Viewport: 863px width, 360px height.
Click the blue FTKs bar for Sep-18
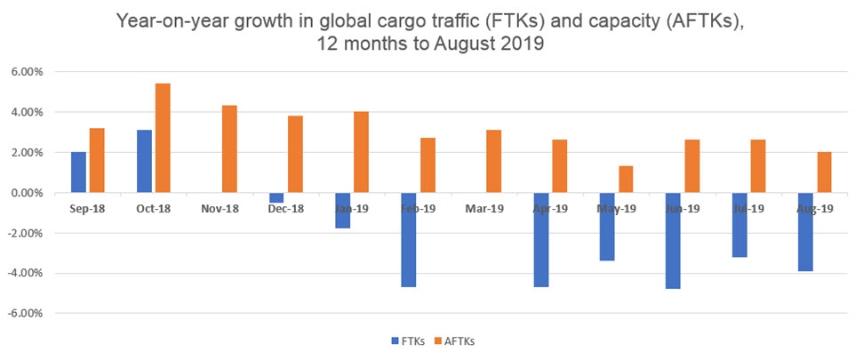[x=78, y=172]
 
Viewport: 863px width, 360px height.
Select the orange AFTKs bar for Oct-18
[x=163, y=138]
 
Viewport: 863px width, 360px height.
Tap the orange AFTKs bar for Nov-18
[x=228, y=149]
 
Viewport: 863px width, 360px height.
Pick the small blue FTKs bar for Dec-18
[x=276, y=197]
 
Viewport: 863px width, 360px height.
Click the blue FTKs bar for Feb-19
[x=408, y=240]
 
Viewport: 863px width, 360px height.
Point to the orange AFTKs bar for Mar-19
[x=493, y=162]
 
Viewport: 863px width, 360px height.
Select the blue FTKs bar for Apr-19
[x=540, y=240]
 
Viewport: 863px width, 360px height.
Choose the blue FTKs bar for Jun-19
[x=672, y=241]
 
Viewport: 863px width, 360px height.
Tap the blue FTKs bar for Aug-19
[x=804, y=232]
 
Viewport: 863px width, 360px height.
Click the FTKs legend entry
[x=408, y=340]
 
